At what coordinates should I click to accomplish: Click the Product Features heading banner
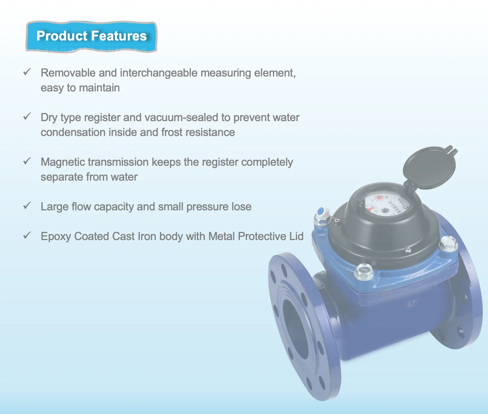91,36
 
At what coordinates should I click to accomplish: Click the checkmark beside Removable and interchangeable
27,72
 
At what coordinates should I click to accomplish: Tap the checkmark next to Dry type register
27,116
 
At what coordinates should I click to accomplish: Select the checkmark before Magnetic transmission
27,161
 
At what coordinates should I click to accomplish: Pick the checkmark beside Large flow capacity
27,206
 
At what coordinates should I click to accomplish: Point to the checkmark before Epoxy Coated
27,235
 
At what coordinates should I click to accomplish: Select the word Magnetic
63,162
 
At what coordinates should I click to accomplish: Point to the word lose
241,207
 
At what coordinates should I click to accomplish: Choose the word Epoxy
56,237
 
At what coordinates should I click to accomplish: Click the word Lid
296,236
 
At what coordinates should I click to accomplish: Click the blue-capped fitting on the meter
320,213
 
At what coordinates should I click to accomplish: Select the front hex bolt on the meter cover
364,271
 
